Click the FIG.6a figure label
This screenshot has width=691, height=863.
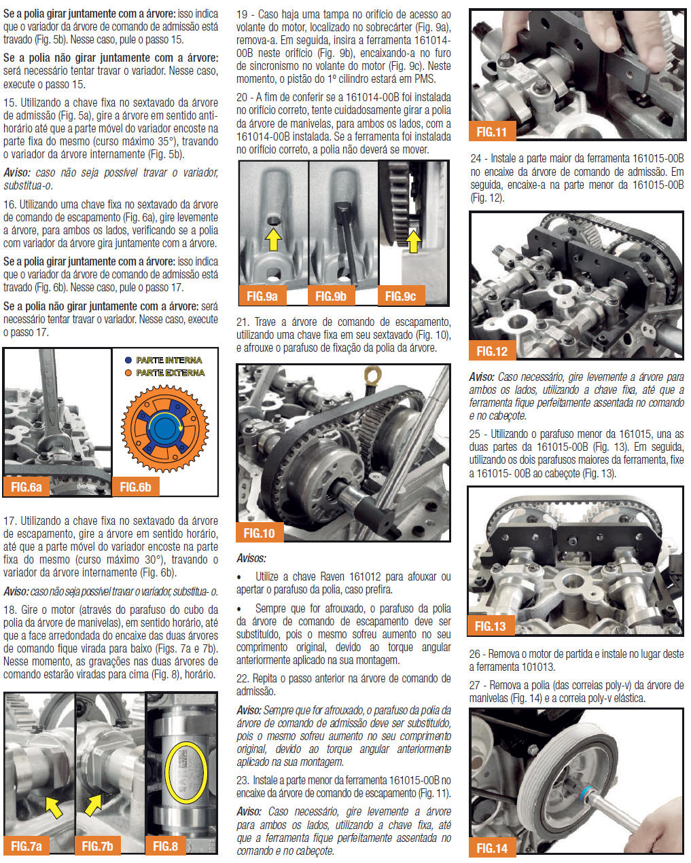coord(26,487)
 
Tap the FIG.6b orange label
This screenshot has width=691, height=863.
coord(136,487)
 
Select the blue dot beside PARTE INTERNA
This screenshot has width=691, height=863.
coord(128,360)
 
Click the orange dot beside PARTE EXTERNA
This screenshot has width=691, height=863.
coord(128,373)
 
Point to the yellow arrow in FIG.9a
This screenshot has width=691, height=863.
coord(273,239)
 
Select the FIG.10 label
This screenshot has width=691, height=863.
coord(260,533)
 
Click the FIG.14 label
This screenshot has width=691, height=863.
coord(492,848)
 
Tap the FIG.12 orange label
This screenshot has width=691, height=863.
coord(492,351)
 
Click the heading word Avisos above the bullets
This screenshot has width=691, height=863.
coord(251,558)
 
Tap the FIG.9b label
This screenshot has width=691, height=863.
coord(331,296)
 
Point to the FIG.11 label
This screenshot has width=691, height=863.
coord(492,132)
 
